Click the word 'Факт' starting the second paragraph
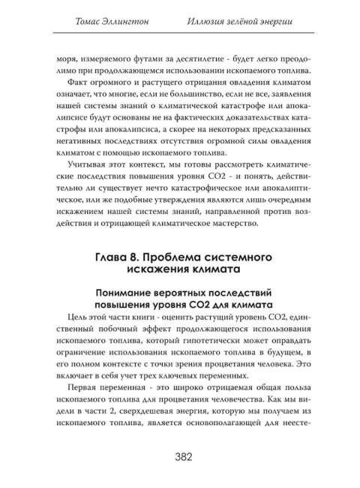(76, 81)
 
